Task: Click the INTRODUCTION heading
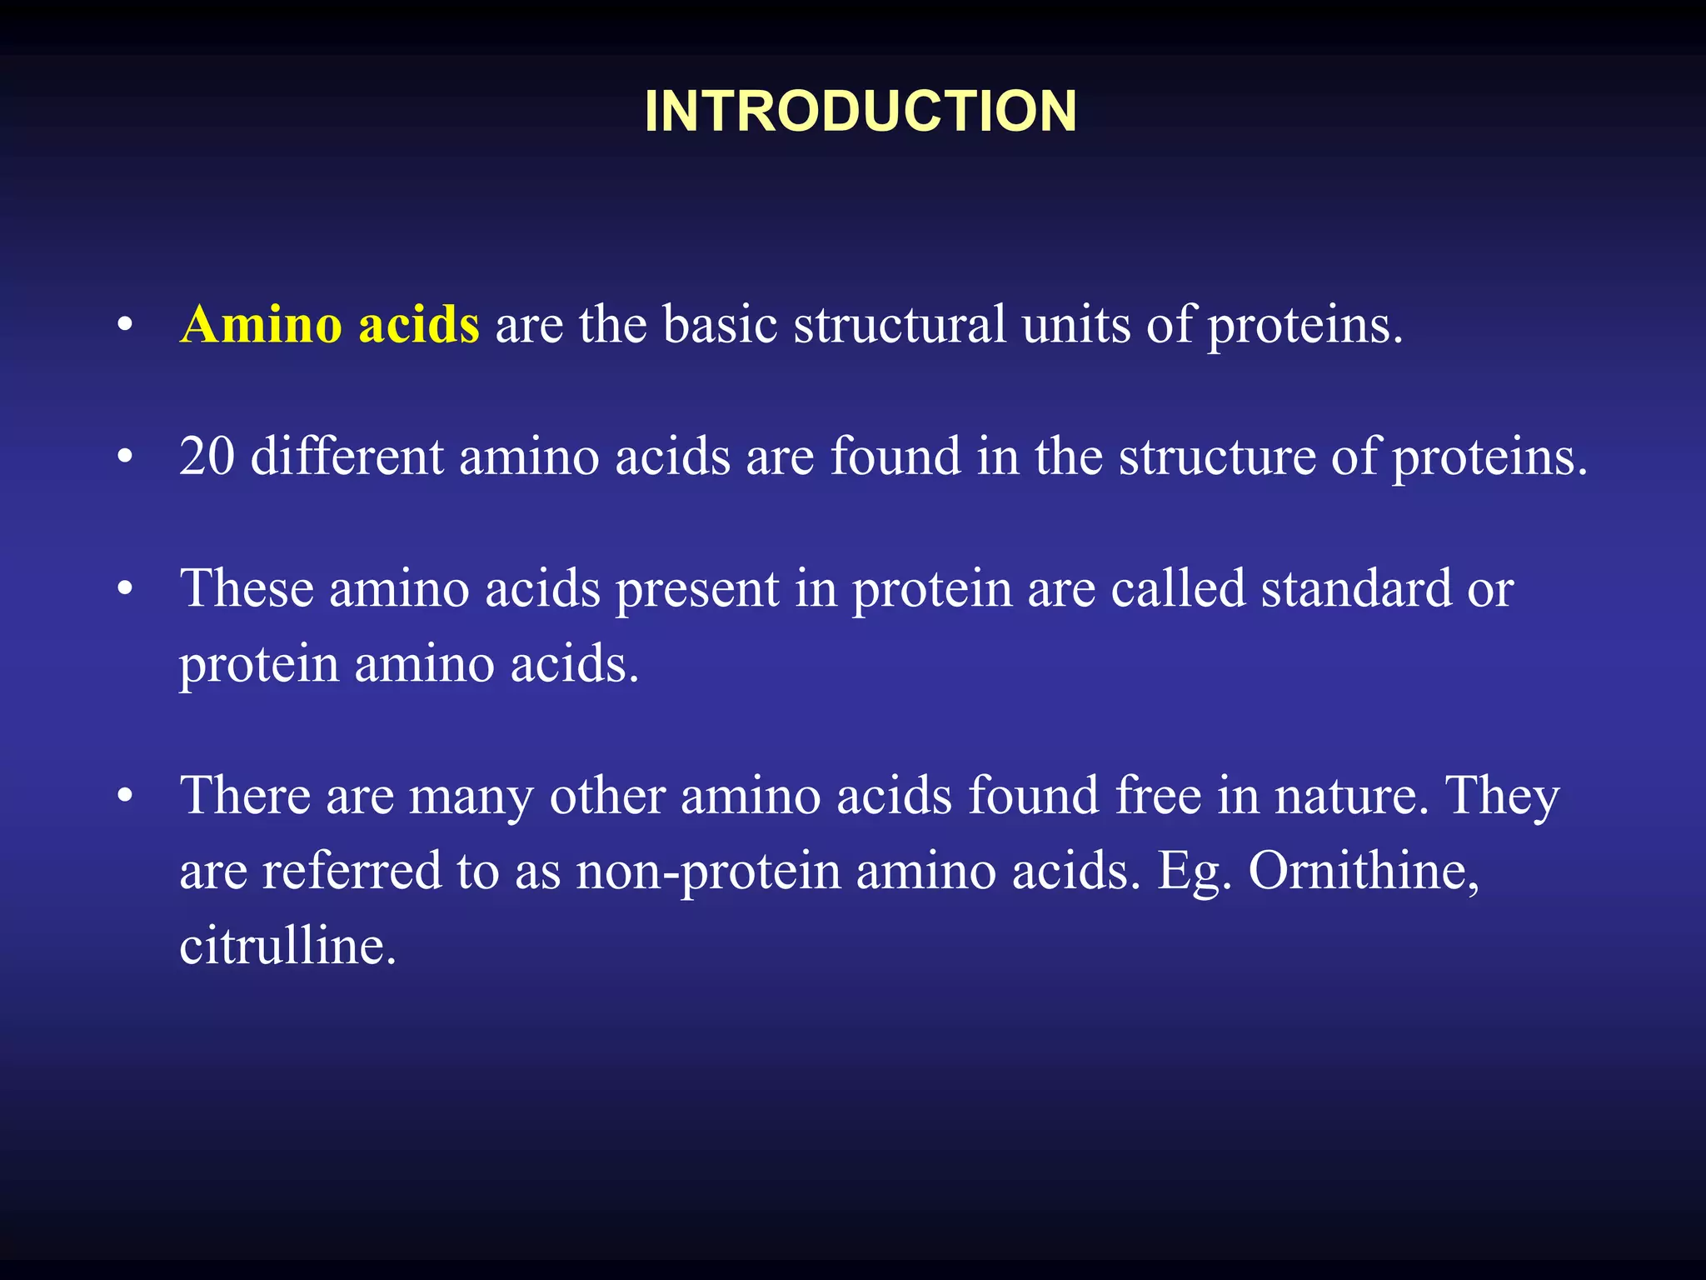pos(860,111)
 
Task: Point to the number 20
pos(207,457)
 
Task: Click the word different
pos(346,457)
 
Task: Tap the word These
pos(247,589)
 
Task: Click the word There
pos(245,796)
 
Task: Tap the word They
pos(1502,796)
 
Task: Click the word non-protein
pos(708,872)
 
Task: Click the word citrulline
pos(287,947)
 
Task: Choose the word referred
pos(352,872)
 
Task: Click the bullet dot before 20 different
pos(125,457)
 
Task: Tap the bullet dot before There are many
pos(125,796)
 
